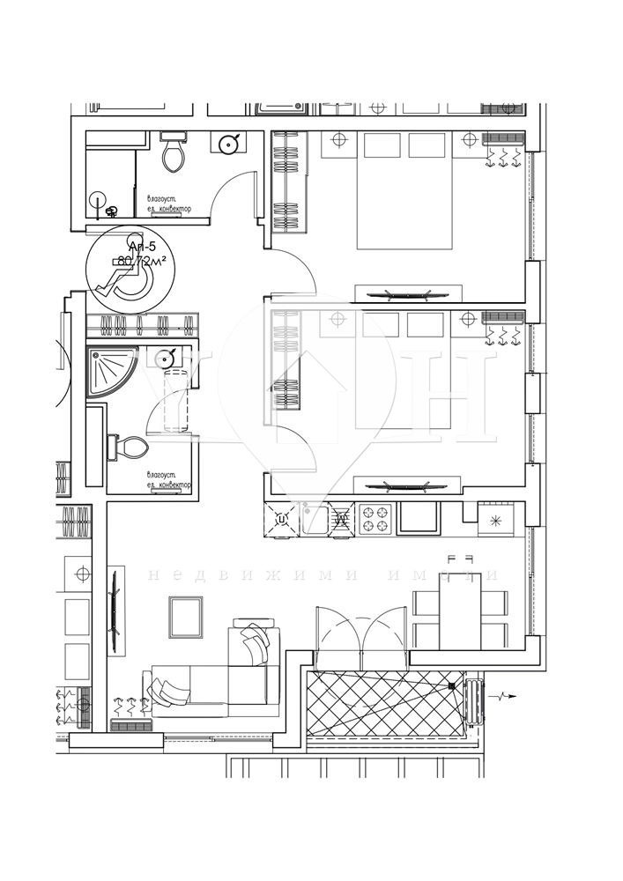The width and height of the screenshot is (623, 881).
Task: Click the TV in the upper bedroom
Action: (407, 294)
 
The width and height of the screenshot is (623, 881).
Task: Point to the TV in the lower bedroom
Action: (407, 484)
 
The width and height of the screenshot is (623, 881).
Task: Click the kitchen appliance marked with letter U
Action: (282, 519)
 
